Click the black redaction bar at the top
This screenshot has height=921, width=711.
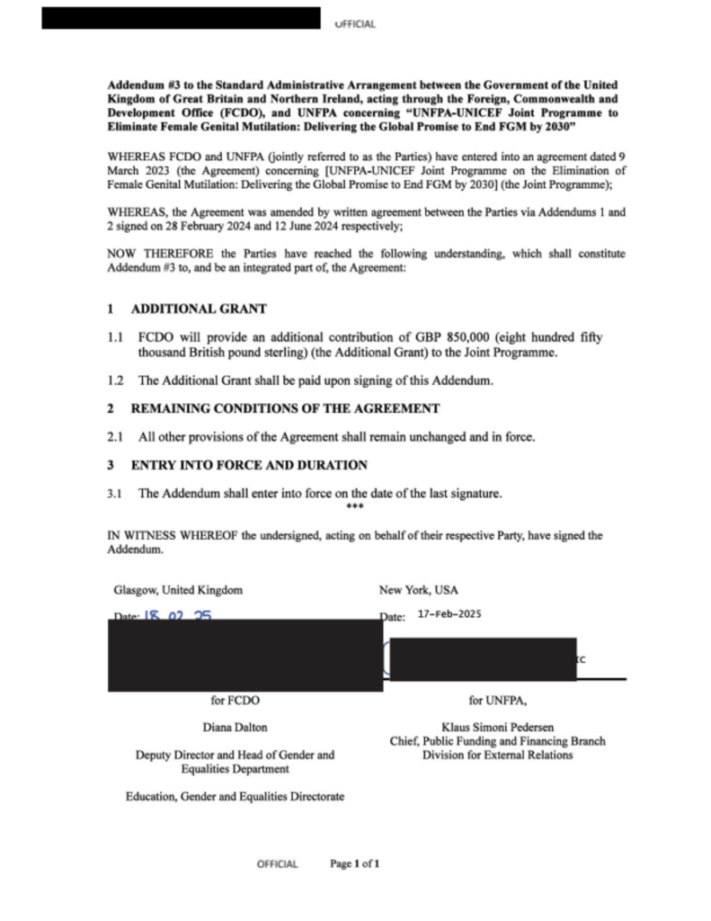tap(181, 18)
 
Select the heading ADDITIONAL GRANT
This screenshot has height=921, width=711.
tap(199, 308)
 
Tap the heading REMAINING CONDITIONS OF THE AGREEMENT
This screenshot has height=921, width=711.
tap(285, 408)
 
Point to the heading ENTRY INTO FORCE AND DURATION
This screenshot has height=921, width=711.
tap(249, 465)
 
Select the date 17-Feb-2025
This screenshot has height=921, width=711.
tap(450, 615)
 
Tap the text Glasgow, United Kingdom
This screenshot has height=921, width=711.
tap(178, 590)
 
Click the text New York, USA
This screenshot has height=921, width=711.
tap(419, 590)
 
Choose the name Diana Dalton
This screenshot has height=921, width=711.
tap(236, 727)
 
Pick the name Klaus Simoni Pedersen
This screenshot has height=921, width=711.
tap(497, 727)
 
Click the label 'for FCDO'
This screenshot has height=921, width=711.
tap(236, 699)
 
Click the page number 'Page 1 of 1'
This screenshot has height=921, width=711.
tap(355, 864)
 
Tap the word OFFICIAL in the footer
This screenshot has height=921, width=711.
tap(277, 864)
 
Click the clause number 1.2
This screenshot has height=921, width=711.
tap(115, 380)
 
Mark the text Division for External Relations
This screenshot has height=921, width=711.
tap(497, 756)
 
